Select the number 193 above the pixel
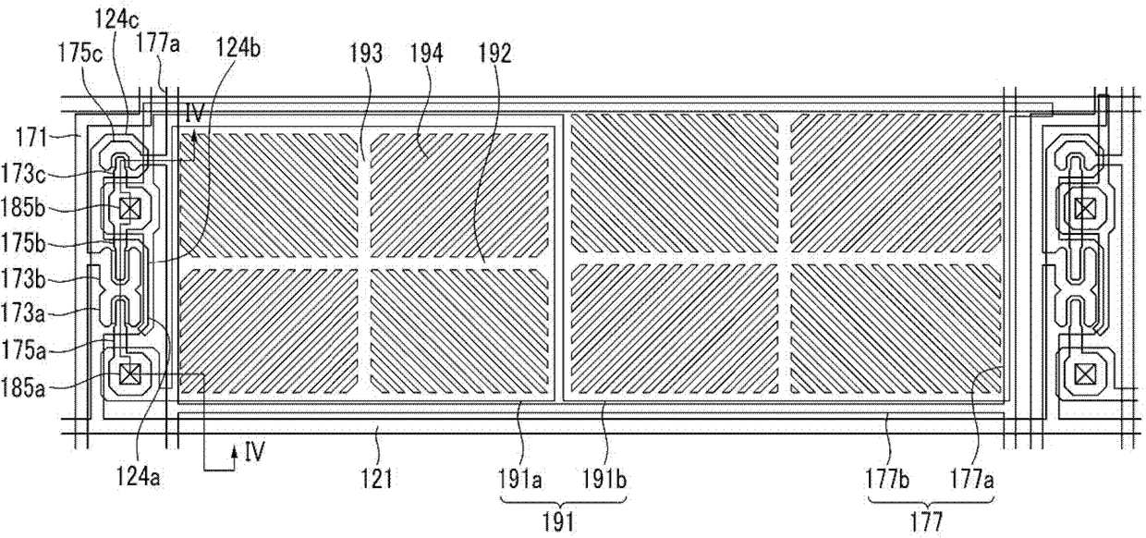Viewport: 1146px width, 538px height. (366, 54)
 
